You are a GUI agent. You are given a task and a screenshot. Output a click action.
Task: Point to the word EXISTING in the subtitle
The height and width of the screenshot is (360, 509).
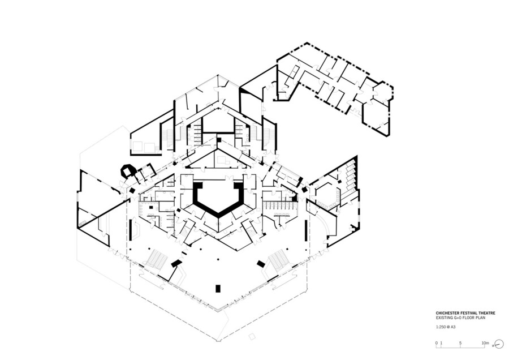pyautogui.click(x=443, y=318)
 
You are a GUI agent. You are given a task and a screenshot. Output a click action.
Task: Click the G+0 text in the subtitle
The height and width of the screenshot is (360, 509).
pyautogui.click(x=455, y=318)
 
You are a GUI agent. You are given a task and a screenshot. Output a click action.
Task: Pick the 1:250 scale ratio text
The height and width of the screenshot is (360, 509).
pyautogui.click(x=441, y=327)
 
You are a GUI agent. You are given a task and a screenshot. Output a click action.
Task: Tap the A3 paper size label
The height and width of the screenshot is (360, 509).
pyautogui.click(x=453, y=327)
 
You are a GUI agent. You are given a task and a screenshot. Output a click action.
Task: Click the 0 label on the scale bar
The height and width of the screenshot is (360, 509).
pyautogui.click(x=437, y=343)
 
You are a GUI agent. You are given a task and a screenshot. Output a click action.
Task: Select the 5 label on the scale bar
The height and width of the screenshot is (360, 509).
pyautogui.click(x=460, y=343)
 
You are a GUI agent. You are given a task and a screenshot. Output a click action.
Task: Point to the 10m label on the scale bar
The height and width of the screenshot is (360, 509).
pyautogui.click(x=485, y=343)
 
